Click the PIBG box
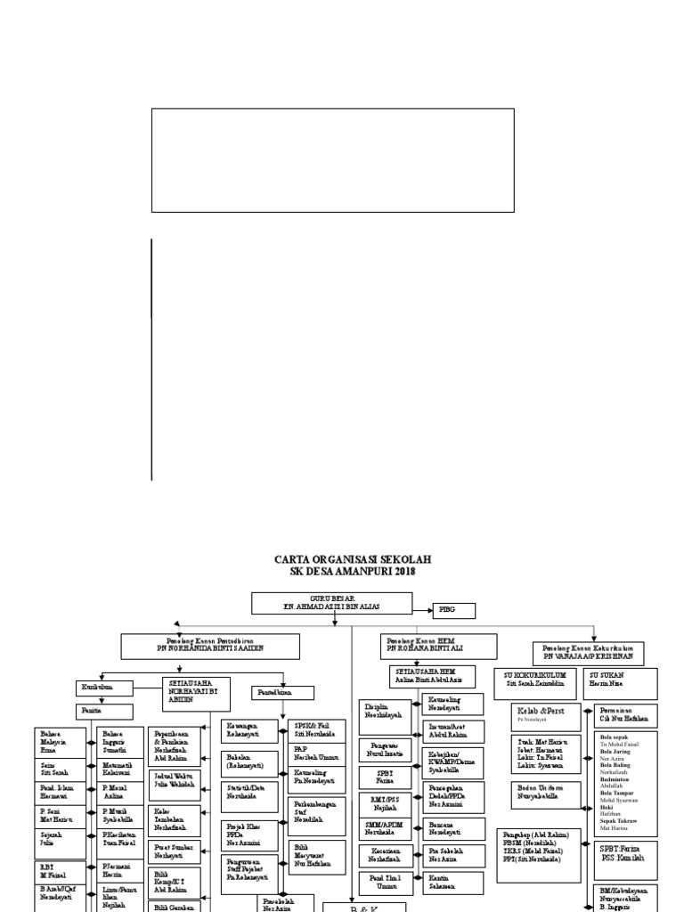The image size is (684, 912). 453,610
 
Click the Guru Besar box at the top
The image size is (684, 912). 331,602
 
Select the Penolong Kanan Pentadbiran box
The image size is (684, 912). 210,647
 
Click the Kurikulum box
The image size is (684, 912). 105,688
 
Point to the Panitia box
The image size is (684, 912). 105,711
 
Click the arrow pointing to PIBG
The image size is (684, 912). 423,610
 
